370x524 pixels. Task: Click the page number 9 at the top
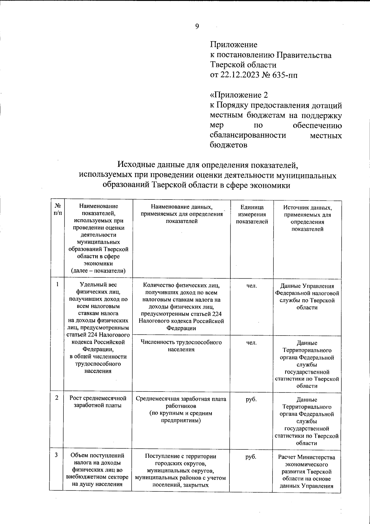point(197,26)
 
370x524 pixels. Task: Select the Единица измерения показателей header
point(252,215)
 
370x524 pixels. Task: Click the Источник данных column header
point(307,218)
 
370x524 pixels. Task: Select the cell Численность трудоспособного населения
point(181,346)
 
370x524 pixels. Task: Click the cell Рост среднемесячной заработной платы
point(98,401)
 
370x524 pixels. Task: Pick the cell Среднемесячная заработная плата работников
point(181,409)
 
